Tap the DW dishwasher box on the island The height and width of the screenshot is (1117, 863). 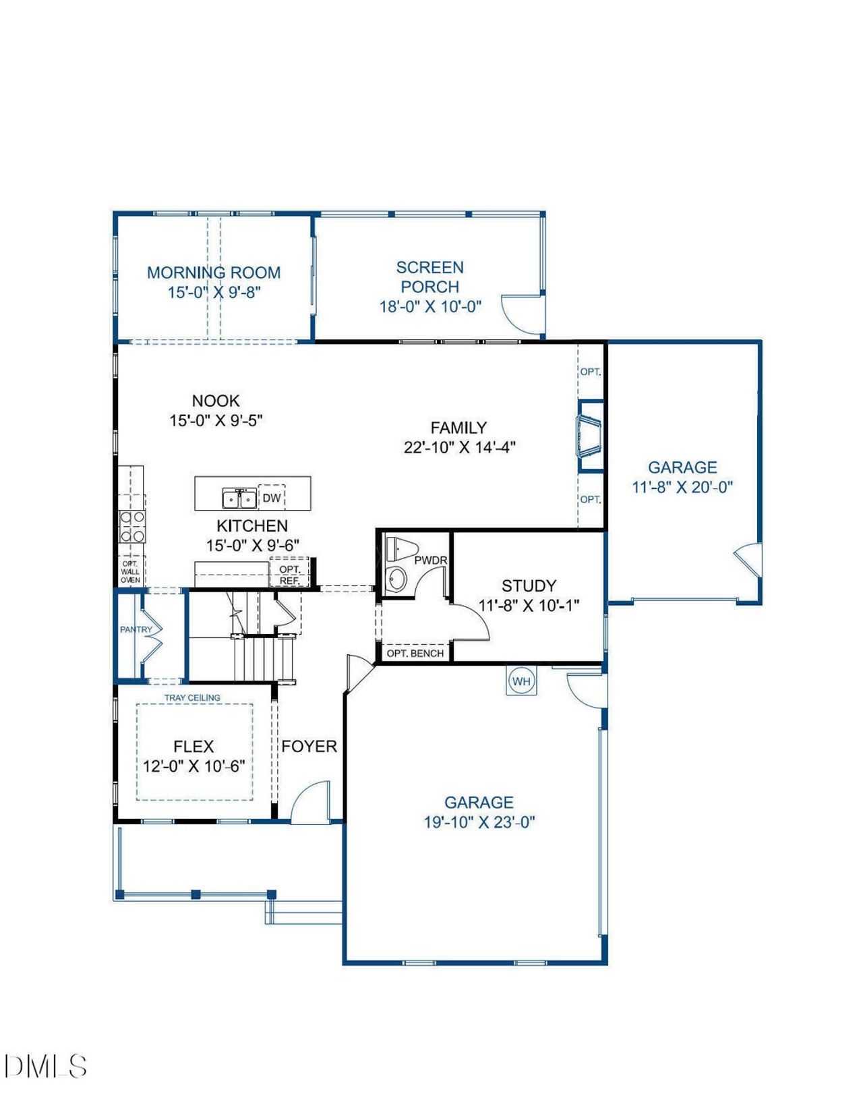click(x=271, y=497)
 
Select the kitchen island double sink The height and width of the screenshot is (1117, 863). click(x=239, y=498)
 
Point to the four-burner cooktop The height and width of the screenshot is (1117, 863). click(x=132, y=527)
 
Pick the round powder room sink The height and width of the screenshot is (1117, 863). click(x=396, y=579)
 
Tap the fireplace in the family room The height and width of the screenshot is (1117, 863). click(x=589, y=436)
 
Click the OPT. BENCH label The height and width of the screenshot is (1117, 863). click(x=415, y=654)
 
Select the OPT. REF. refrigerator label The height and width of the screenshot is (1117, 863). click(x=290, y=575)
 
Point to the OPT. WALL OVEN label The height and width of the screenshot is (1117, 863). click(x=131, y=572)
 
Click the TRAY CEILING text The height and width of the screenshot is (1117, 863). click(x=192, y=697)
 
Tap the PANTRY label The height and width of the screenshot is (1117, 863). click(x=136, y=630)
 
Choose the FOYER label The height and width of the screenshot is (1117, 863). click(x=309, y=747)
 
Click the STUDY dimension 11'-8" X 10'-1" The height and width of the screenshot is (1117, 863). click(x=529, y=606)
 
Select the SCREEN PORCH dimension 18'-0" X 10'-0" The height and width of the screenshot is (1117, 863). click(x=430, y=307)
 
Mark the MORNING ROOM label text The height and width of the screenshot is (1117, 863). click(x=214, y=273)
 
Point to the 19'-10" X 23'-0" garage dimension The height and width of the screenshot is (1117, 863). click(x=479, y=822)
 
